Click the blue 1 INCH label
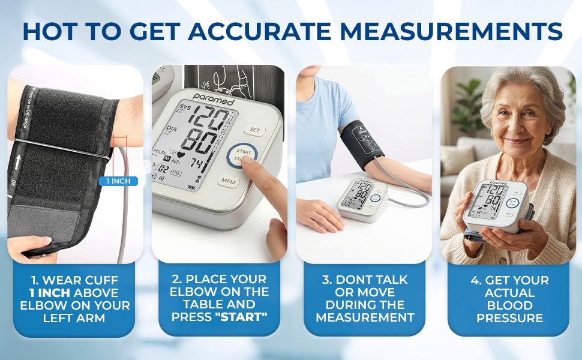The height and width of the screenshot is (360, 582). point(118,181)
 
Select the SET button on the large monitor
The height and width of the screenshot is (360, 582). point(254,129)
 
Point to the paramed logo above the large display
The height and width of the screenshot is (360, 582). point(214,98)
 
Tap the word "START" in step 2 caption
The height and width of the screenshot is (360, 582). point(241,317)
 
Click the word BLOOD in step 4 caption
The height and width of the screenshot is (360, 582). point(510,305)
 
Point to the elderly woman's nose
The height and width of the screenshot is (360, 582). point(515,131)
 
